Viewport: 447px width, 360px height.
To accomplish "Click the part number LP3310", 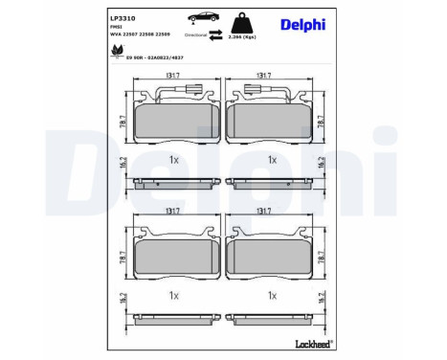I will point(123,19).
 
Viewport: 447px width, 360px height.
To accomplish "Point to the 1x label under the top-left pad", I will point(174,160).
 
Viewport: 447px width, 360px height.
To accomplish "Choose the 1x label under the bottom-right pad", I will point(272,296).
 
